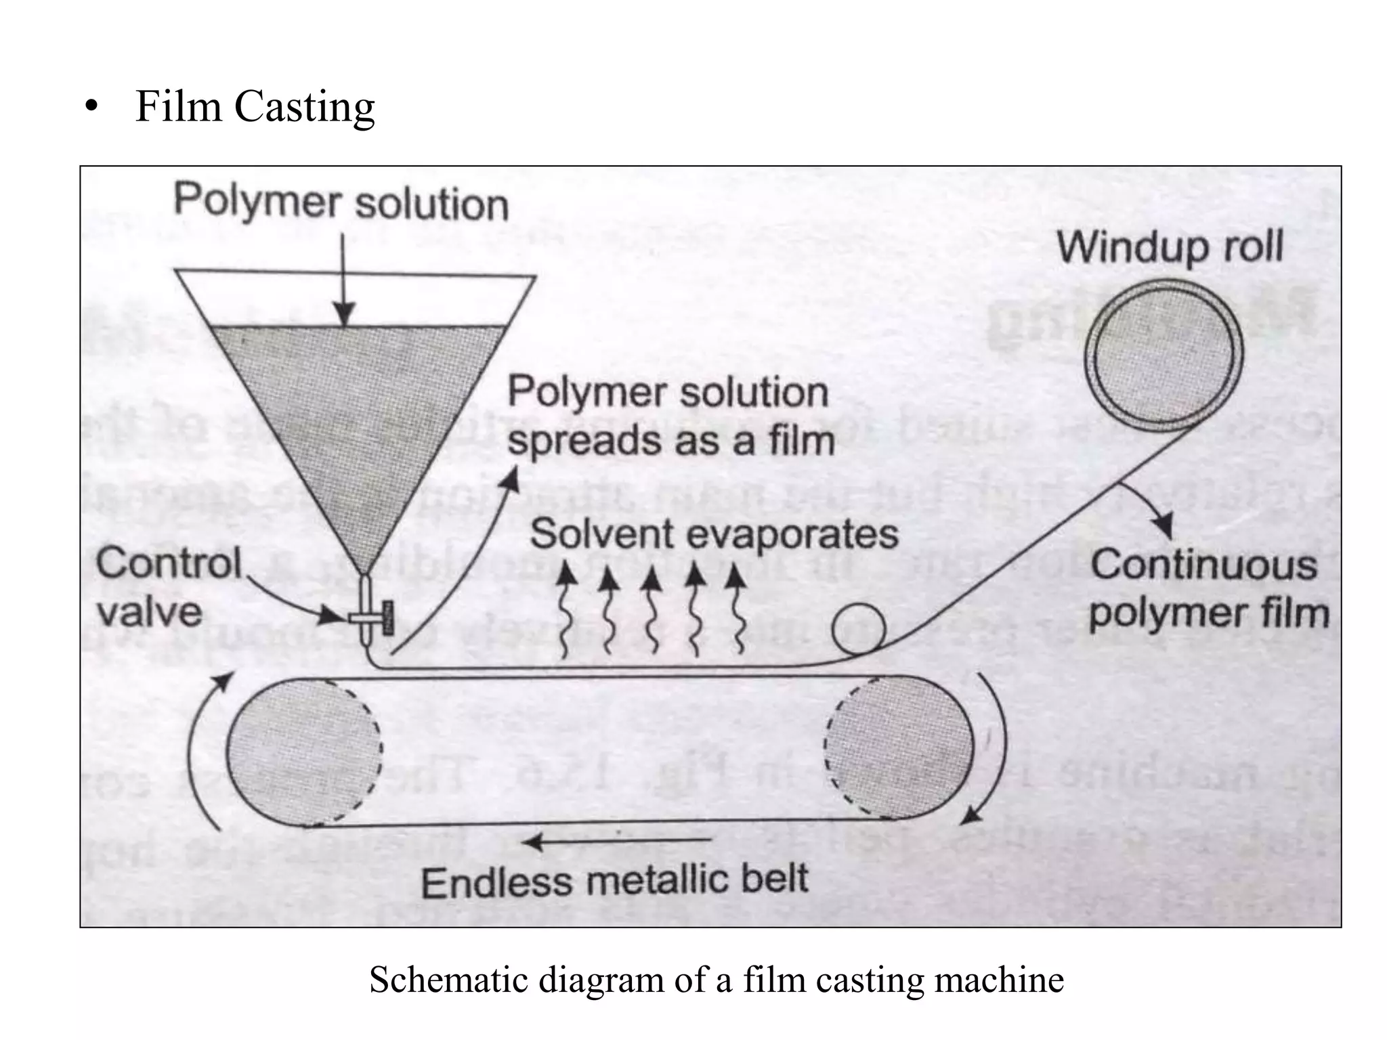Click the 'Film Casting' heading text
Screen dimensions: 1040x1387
[255, 107]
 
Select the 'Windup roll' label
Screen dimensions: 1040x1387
[1170, 247]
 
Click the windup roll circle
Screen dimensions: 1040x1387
[1163, 355]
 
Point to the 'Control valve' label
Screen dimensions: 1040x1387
[168, 588]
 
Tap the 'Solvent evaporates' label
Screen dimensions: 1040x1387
[714, 534]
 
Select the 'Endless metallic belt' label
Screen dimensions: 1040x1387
[614, 881]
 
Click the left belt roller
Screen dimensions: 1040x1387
[303, 752]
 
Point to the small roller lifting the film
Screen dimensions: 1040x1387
[858, 628]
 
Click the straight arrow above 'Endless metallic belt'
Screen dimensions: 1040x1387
[616, 842]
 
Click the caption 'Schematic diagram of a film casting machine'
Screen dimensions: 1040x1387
[717, 980]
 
